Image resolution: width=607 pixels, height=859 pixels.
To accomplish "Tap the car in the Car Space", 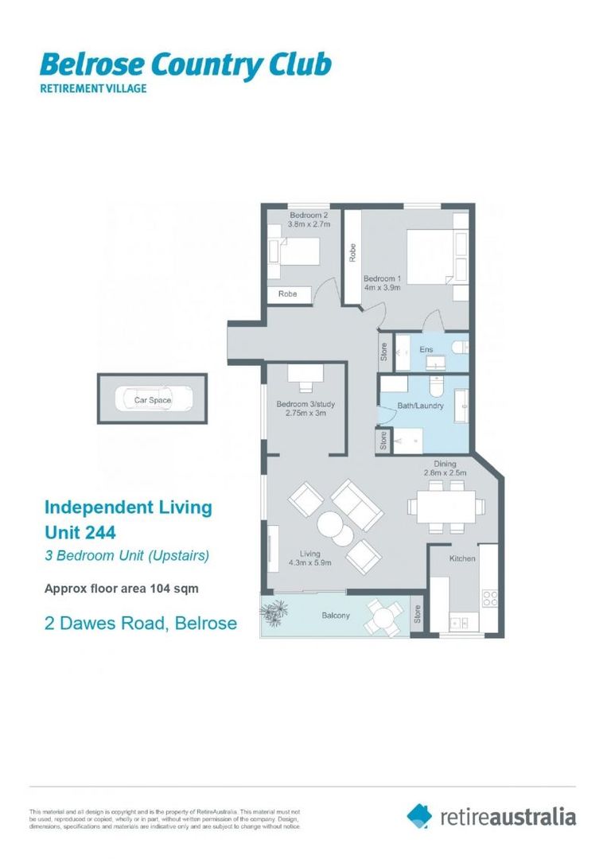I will (x=152, y=400).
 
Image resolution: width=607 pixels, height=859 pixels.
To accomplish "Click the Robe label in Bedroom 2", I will (x=288, y=293).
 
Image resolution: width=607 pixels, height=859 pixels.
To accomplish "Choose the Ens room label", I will (x=426, y=349).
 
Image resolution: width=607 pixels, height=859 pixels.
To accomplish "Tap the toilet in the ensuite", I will (x=459, y=346).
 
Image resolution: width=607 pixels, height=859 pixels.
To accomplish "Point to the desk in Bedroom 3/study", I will (x=305, y=374).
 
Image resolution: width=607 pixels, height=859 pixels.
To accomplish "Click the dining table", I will (x=442, y=505).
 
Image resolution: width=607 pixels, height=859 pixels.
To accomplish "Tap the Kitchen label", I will (x=462, y=558).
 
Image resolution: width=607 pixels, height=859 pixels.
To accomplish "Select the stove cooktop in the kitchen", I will (x=489, y=596).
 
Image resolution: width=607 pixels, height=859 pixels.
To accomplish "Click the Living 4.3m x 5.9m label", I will (x=310, y=558).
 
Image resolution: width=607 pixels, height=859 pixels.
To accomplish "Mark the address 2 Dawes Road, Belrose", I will (x=140, y=623).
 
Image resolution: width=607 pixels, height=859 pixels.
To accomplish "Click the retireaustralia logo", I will (x=492, y=816).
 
